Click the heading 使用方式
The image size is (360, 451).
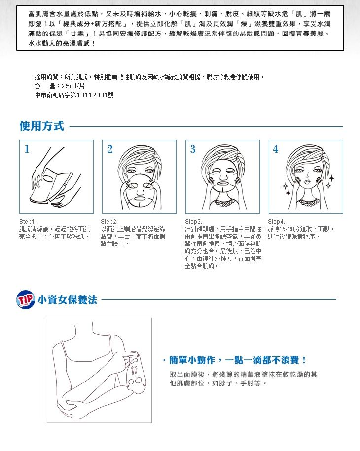coord(42,126)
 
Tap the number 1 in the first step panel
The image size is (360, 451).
coord(27,149)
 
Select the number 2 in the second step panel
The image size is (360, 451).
coord(109,149)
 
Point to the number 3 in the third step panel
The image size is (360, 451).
coord(192,149)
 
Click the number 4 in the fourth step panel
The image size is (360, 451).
coord(275,149)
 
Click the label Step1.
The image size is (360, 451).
coord(28,222)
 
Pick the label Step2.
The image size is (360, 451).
coord(109,222)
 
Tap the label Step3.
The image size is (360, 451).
coord(193,222)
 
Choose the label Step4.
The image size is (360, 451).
coord(276,222)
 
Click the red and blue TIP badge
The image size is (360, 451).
coord(26,299)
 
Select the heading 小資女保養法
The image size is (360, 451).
coord(68,300)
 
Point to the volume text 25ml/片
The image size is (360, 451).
coord(73,86)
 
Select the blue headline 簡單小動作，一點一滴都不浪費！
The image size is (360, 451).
coord(234,360)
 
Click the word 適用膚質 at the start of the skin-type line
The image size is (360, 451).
coord(47,77)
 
